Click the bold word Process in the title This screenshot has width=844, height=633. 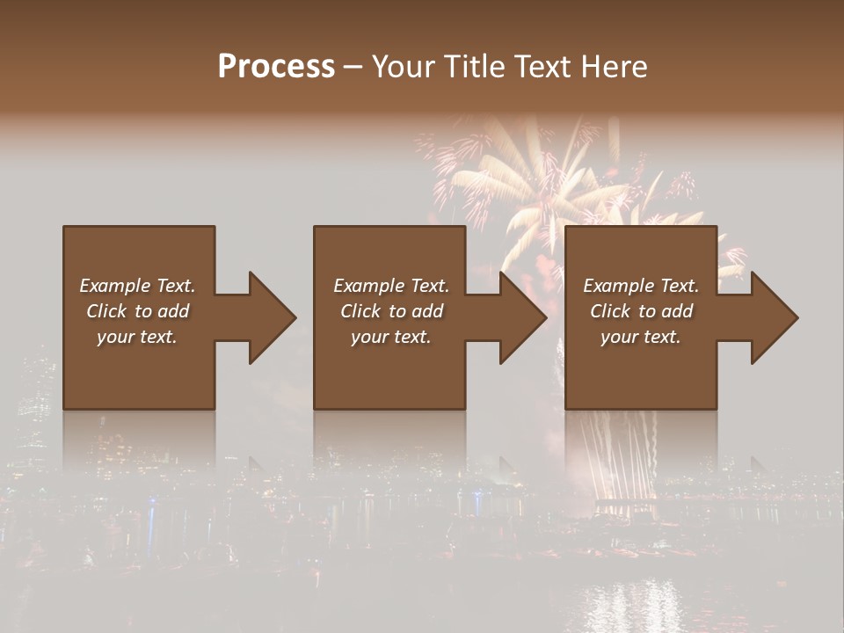coord(276,67)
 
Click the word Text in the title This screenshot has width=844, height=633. coord(542,67)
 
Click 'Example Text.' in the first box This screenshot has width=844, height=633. coord(137,286)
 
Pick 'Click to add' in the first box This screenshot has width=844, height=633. coord(137,311)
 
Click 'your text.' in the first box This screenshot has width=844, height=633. coord(137,337)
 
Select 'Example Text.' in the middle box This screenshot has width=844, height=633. coord(390,286)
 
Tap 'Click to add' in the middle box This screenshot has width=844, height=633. coord(390,311)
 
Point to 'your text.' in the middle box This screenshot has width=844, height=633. coord(390,337)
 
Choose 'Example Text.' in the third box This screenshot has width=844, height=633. coord(641,286)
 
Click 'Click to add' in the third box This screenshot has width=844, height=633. coord(641,311)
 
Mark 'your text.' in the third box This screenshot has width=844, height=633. coord(641,337)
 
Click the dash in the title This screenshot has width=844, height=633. coord(353,67)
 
